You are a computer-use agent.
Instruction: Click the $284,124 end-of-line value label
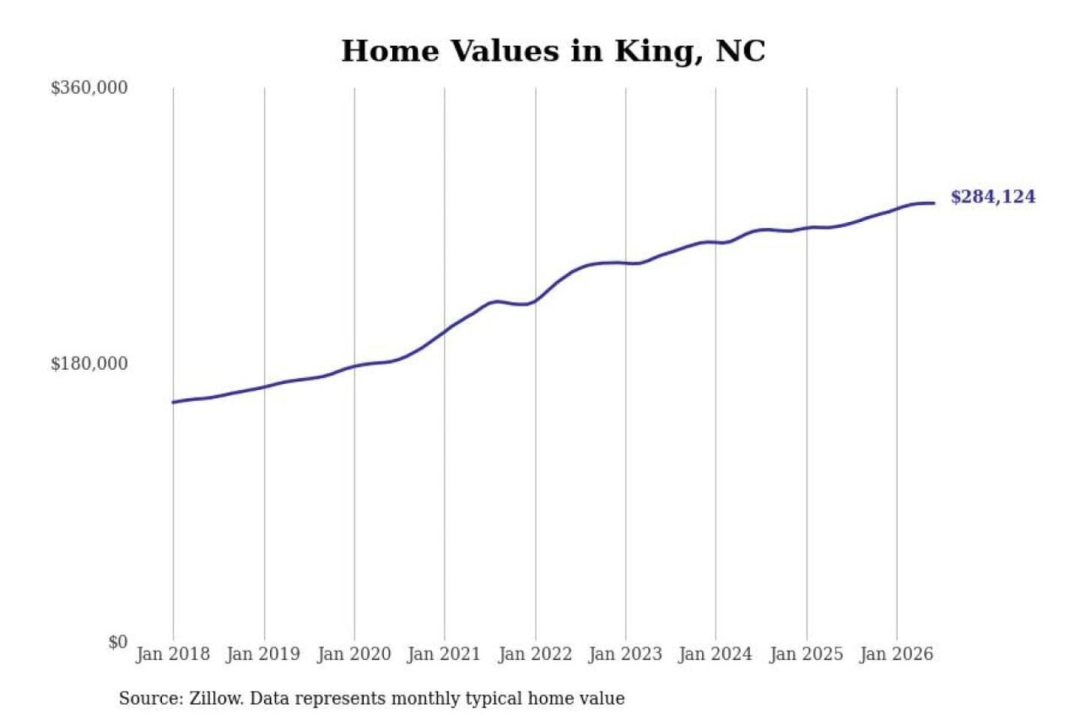click(993, 196)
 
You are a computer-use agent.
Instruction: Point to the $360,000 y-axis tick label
click(89, 88)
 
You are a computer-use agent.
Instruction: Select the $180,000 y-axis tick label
click(89, 363)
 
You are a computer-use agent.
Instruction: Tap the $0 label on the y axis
click(118, 642)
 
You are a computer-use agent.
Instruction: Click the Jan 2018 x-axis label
click(173, 655)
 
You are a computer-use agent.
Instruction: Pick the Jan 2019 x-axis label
click(263, 655)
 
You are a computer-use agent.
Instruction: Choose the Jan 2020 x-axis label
click(354, 655)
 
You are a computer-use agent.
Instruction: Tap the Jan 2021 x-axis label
click(444, 655)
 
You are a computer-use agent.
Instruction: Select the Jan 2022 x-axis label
click(535, 655)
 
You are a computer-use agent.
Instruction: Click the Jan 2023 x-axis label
click(625, 655)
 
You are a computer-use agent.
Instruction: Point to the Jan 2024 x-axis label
click(715, 655)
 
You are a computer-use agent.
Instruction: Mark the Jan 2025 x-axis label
click(806, 655)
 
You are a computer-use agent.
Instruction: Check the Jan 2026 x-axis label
click(896, 655)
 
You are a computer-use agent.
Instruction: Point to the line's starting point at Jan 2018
click(173, 402)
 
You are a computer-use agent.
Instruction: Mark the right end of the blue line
click(934, 203)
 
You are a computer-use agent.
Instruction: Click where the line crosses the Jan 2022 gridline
click(535, 300)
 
